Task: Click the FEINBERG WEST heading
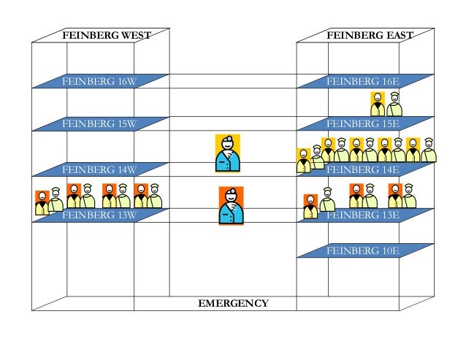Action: point(102,35)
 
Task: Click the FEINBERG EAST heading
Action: point(370,35)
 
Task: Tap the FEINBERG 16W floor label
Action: point(99,81)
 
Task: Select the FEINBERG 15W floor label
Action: point(99,124)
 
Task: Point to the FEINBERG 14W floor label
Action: point(99,170)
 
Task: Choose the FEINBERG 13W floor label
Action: point(99,215)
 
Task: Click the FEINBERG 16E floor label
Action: point(363,81)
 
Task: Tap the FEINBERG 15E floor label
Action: point(363,124)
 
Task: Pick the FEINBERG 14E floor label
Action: point(363,170)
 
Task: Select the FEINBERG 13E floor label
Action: point(363,215)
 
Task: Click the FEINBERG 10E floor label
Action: point(363,250)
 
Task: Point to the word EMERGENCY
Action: point(233,303)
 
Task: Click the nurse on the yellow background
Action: point(228,153)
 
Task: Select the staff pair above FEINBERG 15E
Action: point(386,104)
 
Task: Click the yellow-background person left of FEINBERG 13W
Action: point(43,202)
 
